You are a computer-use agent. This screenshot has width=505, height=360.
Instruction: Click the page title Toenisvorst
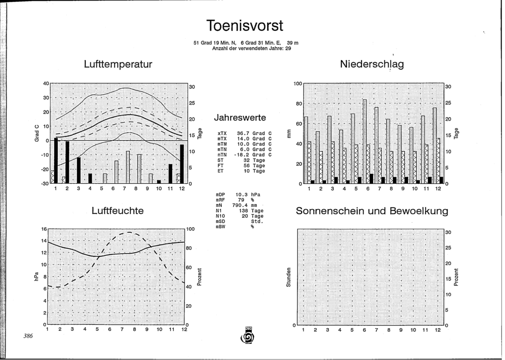coord(245,25)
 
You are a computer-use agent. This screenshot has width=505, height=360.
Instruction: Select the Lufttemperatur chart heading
coord(118,64)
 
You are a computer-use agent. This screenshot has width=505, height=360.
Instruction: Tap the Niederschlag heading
coord(372,64)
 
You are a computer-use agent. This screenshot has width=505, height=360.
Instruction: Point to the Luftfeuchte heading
coord(118,211)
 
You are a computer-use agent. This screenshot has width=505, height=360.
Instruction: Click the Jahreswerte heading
coord(240,118)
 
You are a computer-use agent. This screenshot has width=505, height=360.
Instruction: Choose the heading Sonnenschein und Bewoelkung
coord(372,211)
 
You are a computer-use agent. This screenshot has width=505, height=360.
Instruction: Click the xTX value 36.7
coord(243,133)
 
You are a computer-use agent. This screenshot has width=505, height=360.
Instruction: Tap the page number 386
coord(28,336)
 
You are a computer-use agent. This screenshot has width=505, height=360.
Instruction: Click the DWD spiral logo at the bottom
coord(248,336)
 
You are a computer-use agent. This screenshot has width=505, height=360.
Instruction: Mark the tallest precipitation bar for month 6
coord(365,141)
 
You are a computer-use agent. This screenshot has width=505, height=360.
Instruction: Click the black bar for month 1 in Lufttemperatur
coord(56,161)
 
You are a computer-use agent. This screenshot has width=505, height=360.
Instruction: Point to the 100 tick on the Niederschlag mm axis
coord(298,84)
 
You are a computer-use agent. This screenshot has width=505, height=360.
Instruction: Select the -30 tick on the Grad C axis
coord(45,183)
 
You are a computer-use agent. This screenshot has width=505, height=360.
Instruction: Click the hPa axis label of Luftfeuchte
coord(36,277)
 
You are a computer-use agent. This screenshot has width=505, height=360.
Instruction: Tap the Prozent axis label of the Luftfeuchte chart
coord(199,277)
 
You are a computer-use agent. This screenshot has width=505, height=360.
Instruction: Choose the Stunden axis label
coord(288,277)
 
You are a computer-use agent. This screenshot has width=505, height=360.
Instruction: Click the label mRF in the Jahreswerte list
coord(220,200)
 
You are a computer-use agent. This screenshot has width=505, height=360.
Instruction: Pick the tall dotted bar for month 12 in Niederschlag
coord(435,145)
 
